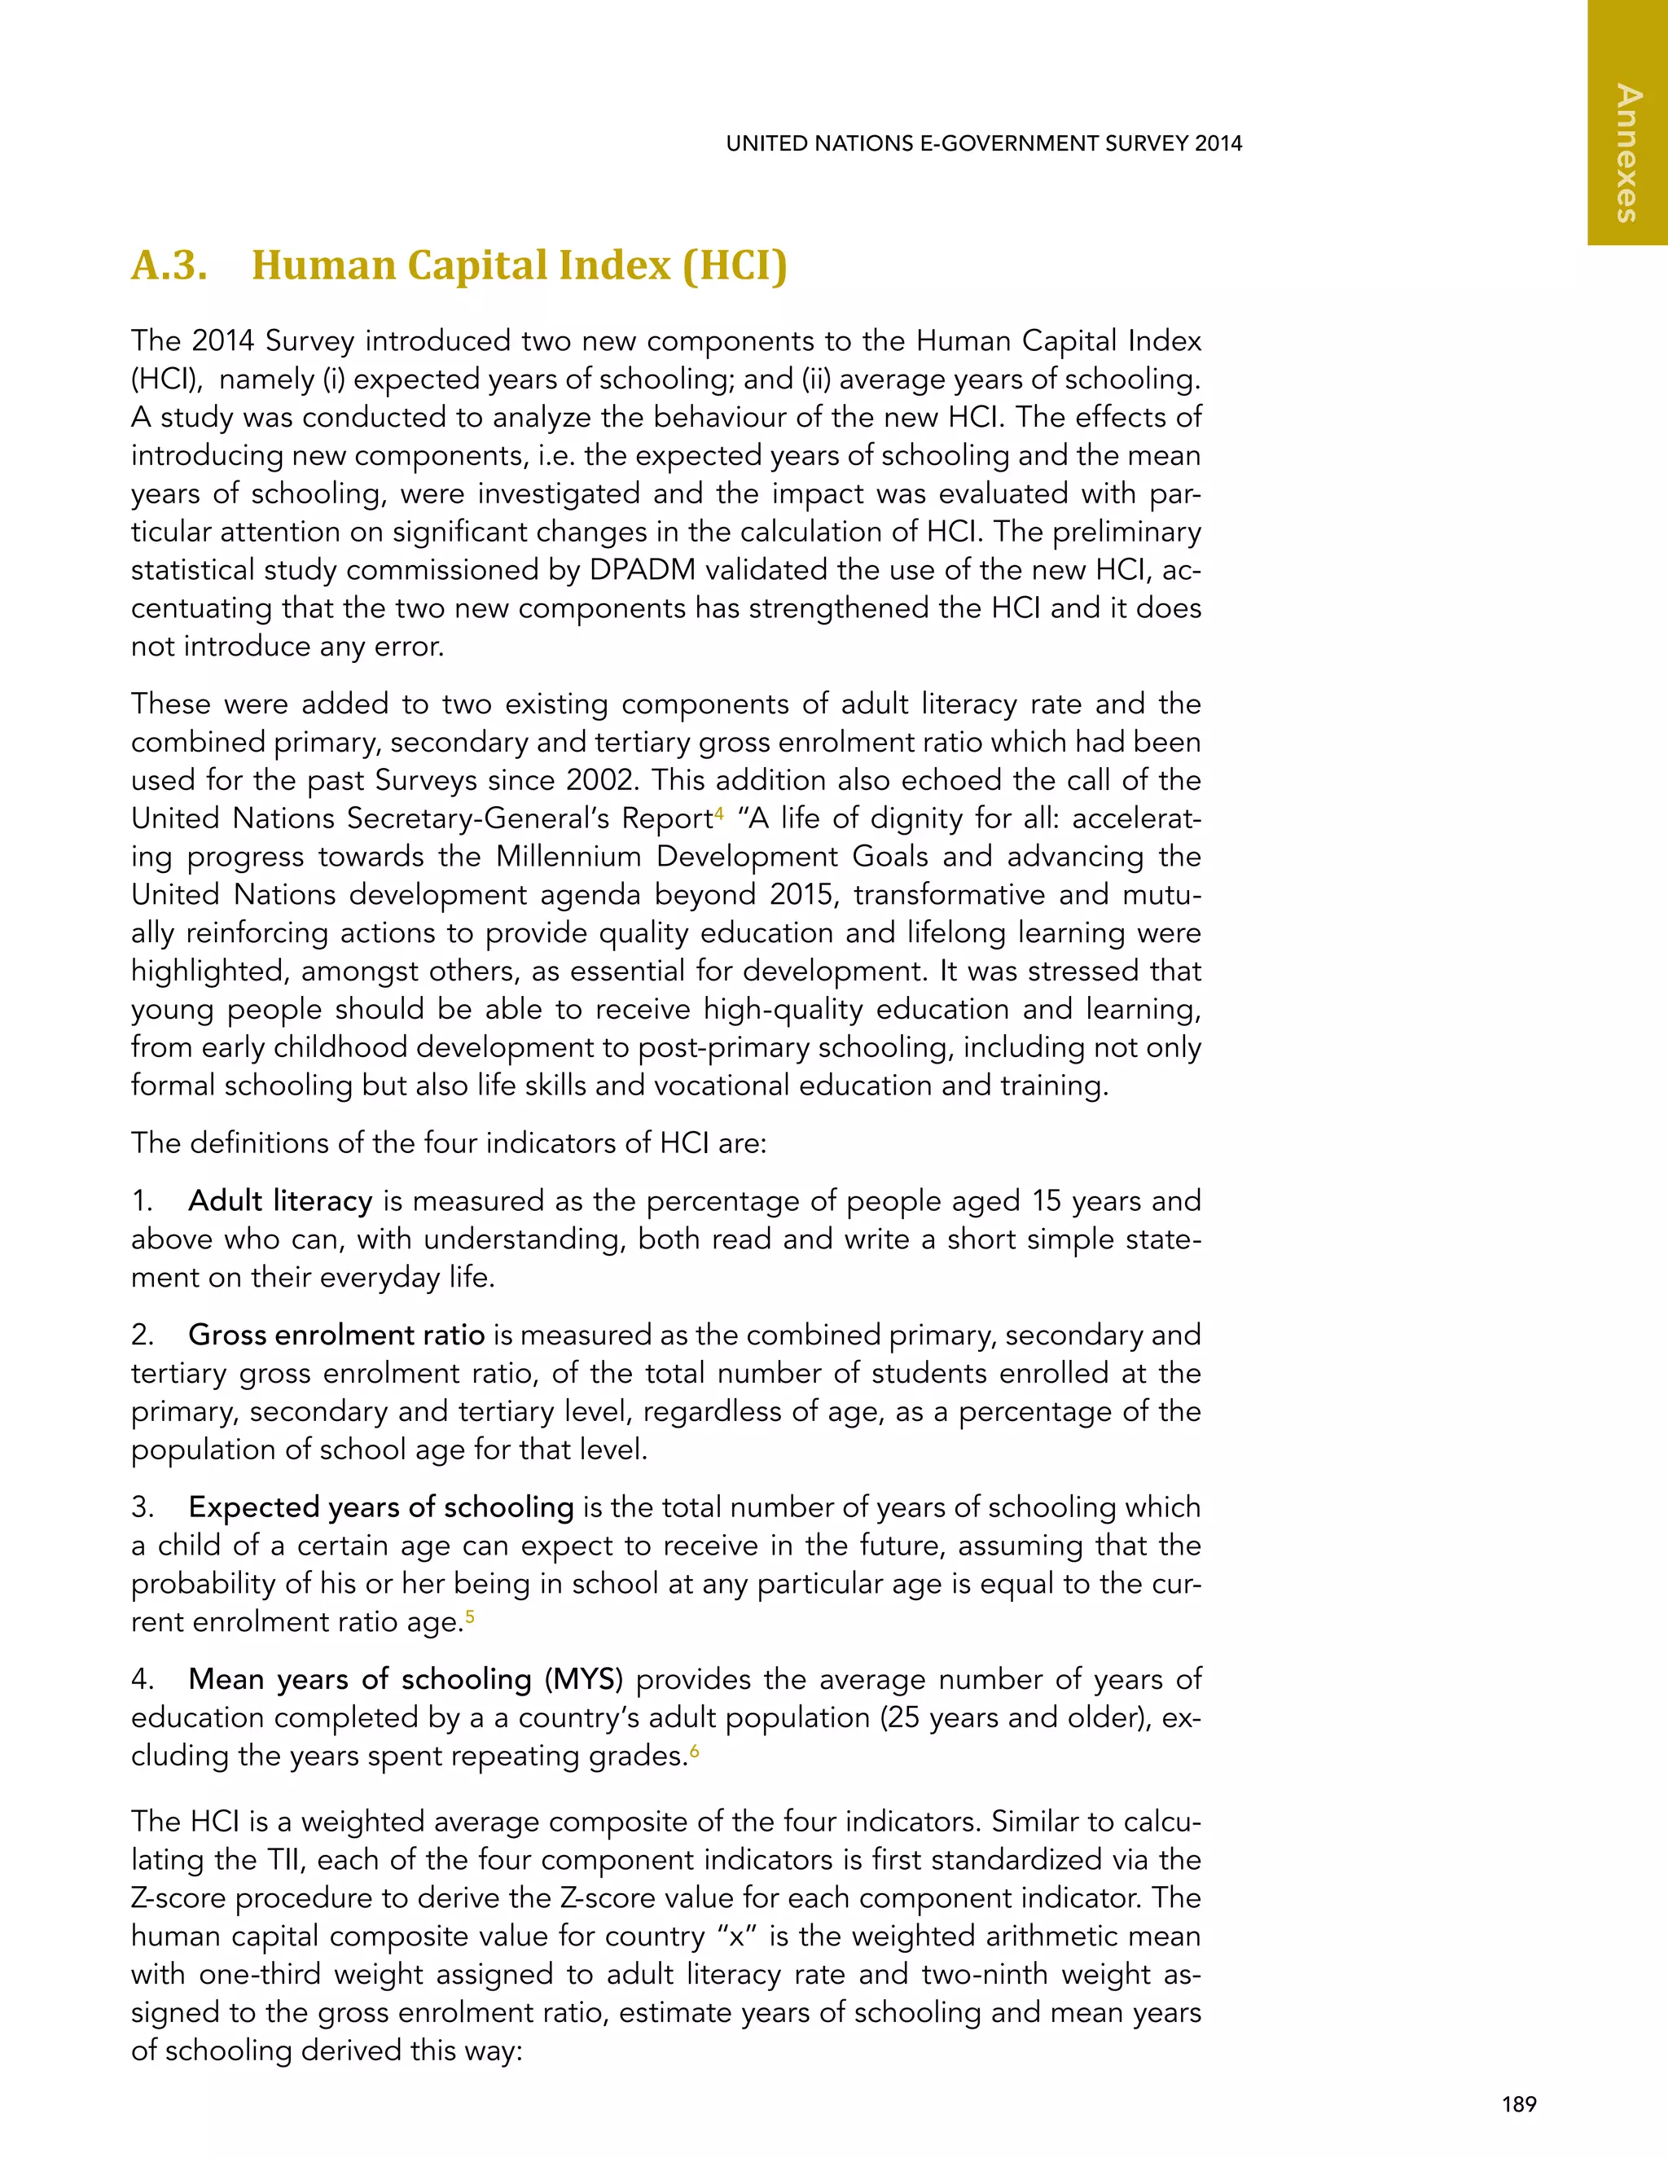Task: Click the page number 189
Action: tap(1519, 2104)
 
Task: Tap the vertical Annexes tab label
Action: tap(1627, 154)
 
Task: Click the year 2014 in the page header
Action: tap(1218, 143)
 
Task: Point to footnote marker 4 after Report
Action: tap(719, 812)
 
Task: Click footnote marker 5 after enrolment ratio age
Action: tap(469, 1616)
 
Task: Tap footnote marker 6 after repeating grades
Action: tap(694, 1749)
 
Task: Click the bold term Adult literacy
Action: tap(279, 1201)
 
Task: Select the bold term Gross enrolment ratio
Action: tap(336, 1336)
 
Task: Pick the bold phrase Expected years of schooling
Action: tap(380, 1508)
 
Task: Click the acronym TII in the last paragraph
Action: tap(286, 1860)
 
